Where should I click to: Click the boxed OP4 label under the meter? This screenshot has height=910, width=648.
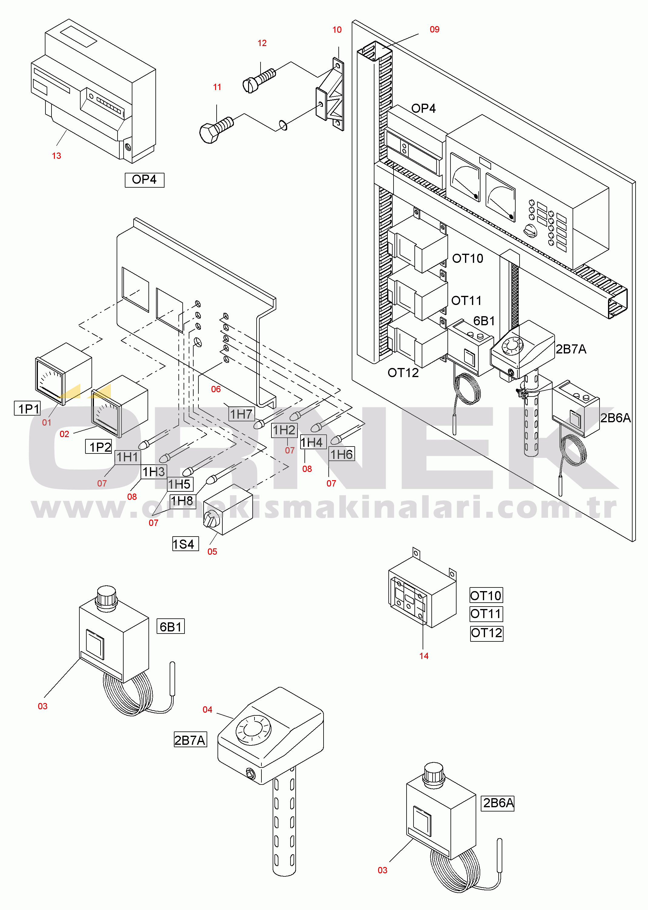[145, 180]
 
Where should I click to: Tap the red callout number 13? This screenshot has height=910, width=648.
[56, 156]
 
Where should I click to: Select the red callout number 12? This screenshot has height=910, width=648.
[262, 43]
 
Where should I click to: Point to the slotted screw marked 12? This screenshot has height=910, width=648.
[258, 80]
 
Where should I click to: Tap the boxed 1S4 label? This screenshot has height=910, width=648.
[185, 544]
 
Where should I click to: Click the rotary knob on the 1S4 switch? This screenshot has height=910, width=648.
[211, 519]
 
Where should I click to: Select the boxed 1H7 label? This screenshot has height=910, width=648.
[241, 414]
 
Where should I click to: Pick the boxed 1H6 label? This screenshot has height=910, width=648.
[341, 454]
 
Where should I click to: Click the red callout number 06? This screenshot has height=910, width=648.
[216, 389]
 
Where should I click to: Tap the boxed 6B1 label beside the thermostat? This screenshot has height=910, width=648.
[171, 627]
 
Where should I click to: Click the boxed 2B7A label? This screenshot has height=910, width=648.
[190, 740]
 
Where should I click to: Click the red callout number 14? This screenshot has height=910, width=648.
[424, 656]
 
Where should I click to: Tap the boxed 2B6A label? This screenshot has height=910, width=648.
[498, 803]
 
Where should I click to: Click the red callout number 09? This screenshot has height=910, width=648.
[434, 29]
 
